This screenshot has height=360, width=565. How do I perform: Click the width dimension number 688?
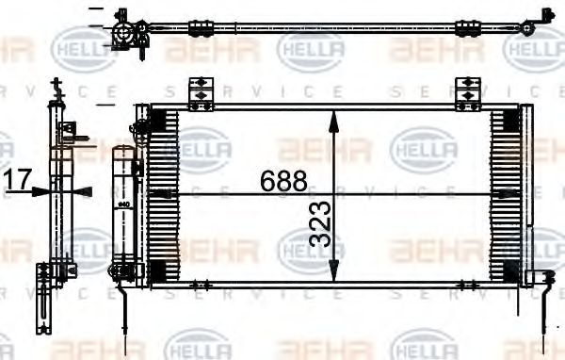[x=284, y=180]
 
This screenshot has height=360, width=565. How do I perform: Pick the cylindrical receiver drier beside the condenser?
[x=123, y=207]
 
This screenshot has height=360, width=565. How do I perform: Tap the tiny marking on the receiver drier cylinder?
[x=123, y=201]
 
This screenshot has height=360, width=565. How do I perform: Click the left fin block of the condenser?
[x=164, y=193]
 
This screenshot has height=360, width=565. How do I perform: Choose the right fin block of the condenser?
[x=505, y=193]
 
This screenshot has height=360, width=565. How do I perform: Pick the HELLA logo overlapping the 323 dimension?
[x=310, y=249]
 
